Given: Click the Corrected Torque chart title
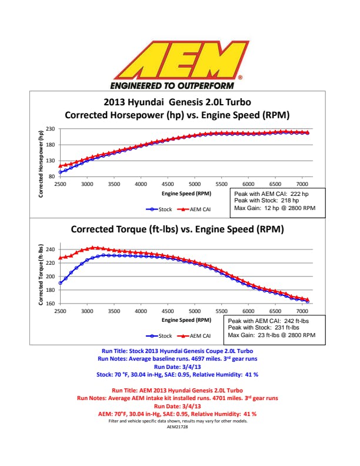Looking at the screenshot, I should (x=177, y=229).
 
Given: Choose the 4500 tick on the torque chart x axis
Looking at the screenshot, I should (x=168, y=311).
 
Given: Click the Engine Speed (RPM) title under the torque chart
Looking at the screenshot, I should (x=186, y=320).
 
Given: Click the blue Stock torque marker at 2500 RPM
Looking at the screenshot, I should (x=60, y=283).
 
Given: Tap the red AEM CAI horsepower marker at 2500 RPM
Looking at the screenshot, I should (x=60, y=165).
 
